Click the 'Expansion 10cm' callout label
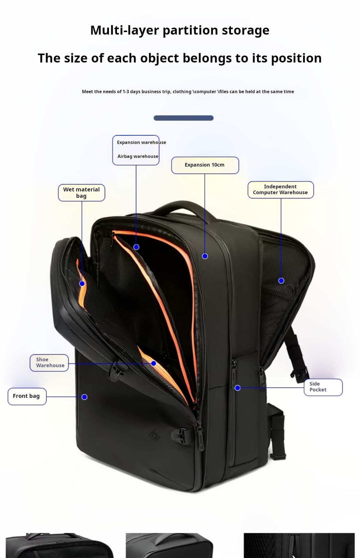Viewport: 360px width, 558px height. (x=205, y=165)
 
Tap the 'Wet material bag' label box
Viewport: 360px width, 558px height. (x=81, y=193)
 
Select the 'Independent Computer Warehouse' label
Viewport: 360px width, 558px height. (x=280, y=190)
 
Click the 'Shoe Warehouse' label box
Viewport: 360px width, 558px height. (x=50, y=362)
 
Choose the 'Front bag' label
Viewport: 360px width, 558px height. (x=27, y=396)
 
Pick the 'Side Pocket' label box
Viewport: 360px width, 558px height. (x=323, y=387)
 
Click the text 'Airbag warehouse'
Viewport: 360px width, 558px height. (x=137, y=157)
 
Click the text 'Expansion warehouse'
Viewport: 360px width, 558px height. (x=141, y=143)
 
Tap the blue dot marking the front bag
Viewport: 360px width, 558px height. (x=84, y=397)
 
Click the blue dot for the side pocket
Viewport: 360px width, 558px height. (x=237, y=388)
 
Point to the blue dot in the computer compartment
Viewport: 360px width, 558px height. (x=281, y=281)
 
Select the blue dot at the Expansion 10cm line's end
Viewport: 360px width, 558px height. (x=205, y=256)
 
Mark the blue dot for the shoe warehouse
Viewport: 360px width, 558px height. (x=154, y=363)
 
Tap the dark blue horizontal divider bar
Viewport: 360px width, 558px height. (x=183, y=118)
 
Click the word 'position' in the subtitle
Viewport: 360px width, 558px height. (x=296, y=58)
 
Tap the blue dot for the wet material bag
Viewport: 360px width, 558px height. (x=82, y=284)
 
